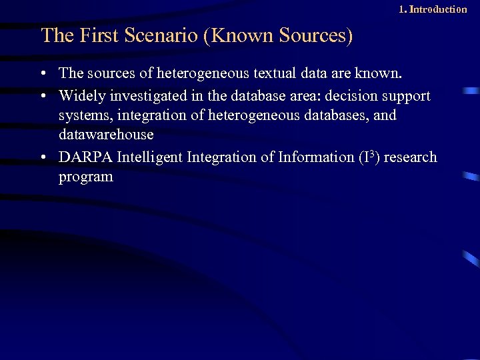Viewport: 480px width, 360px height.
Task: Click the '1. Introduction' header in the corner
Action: pyautogui.click(x=432, y=9)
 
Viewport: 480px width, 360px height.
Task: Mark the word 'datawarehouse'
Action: pyautogui.click(x=106, y=134)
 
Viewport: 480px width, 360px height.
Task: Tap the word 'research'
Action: pyautogui.click(x=410, y=157)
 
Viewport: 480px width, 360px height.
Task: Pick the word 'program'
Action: pyautogui.click(x=86, y=177)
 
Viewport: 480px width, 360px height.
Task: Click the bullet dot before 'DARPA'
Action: pyautogui.click(x=43, y=159)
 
